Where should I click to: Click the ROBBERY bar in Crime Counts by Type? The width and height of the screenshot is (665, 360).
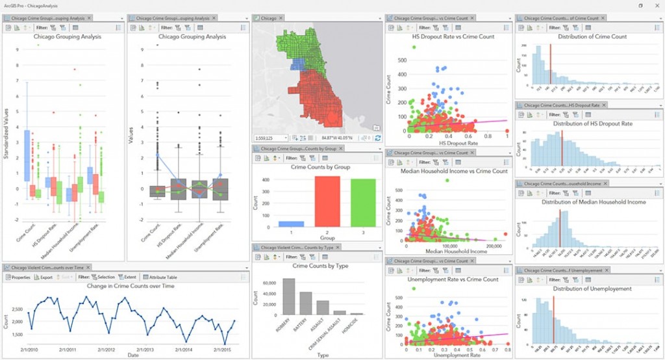point(289,297)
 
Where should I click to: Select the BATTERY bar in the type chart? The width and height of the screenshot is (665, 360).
point(306,303)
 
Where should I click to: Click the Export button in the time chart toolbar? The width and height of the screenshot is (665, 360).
point(44,277)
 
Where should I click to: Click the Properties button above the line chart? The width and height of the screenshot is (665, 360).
point(18,277)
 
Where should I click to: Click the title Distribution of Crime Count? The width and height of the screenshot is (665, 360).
point(590,36)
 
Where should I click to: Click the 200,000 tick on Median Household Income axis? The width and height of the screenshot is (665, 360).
point(496,246)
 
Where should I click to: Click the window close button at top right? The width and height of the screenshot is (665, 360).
point(656,5)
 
